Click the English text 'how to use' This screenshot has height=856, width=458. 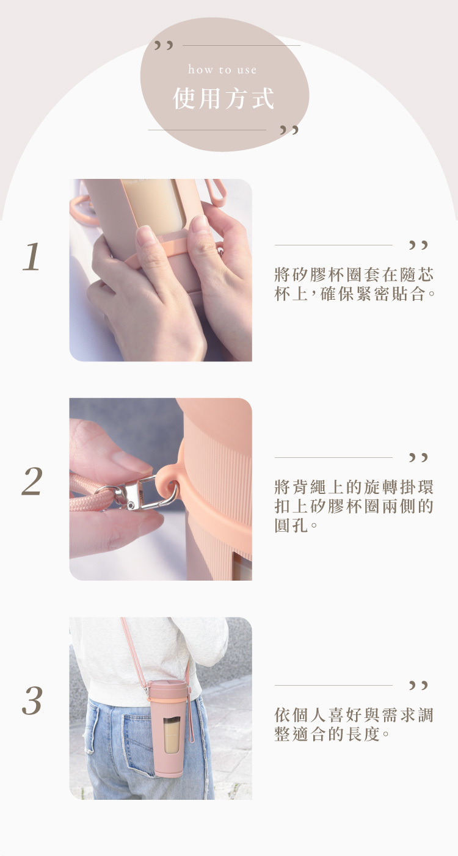222,70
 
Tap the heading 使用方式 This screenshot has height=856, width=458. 224,98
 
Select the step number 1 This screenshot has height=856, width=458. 31,256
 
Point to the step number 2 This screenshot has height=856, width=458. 32,481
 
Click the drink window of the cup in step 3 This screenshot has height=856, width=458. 172,735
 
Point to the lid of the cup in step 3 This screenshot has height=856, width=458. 168,687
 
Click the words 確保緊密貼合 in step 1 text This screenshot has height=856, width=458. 373,294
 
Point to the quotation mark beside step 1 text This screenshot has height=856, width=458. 418,245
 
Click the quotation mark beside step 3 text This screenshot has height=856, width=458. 418,685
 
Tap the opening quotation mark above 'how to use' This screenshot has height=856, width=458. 164,45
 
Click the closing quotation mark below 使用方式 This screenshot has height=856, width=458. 289,130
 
